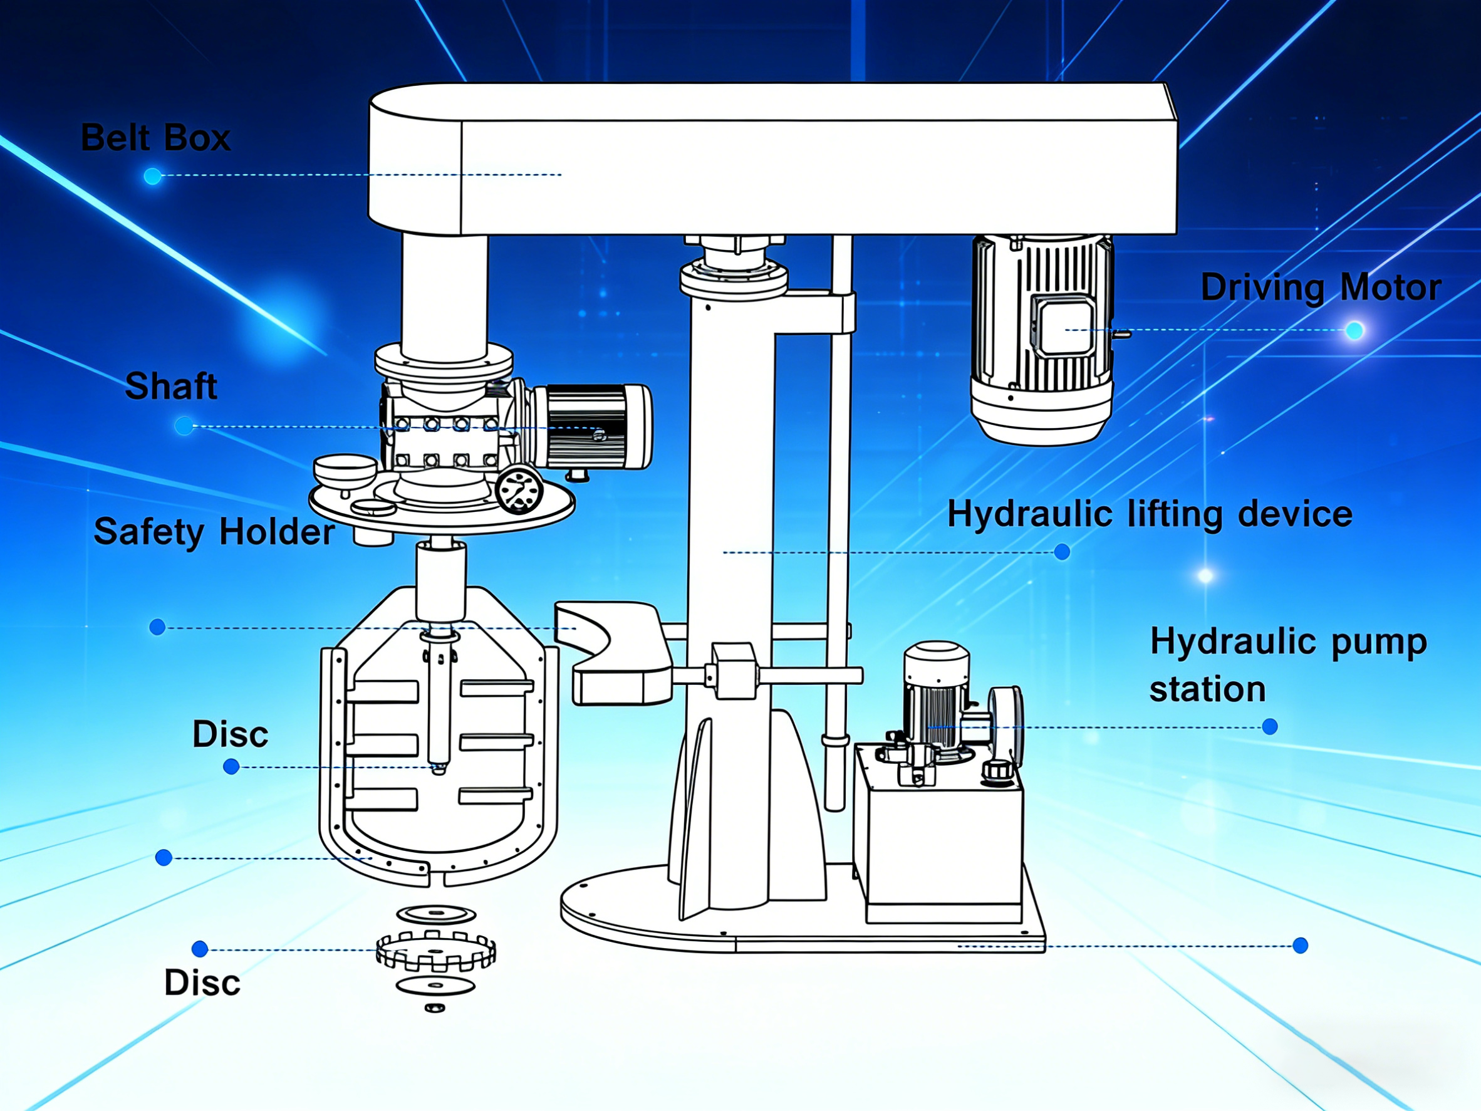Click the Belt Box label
(x=155, y=138)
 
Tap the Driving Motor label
(x=1321, y=288)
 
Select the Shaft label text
(x=172, y=386)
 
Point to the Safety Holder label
(x=214, y=532)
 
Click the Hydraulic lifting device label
(x=1150, y=514)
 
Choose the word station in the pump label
(x=1207, y=689)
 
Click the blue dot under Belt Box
(x=153, y=176)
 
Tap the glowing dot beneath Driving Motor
(x=1354, y=330)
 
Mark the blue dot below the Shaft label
(x=184, y=426)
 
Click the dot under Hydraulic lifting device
(x=1062, y=552)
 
